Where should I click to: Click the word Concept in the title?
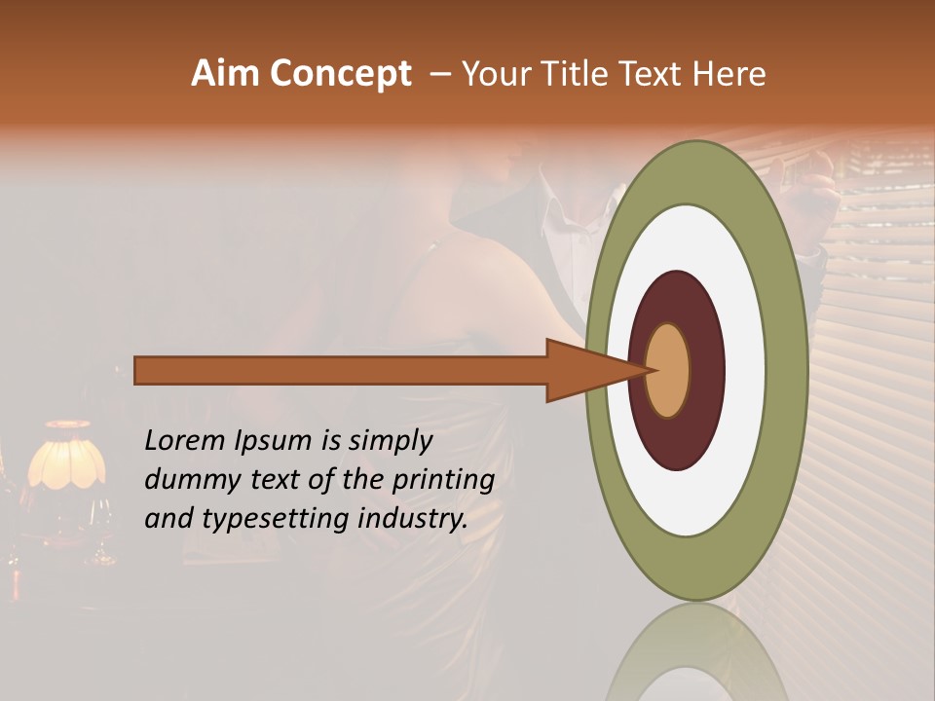point(341,74)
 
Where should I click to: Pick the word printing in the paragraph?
point(443,481)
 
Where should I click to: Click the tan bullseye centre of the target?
point(668,370)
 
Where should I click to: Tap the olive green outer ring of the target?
point(789,370)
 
